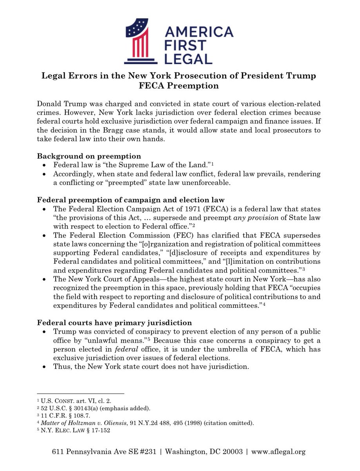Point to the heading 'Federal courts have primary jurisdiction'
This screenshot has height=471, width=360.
pyautogui.click(x=115, y=323)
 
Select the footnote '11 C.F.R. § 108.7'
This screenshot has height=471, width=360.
pyautogui.click(x=63, y=415)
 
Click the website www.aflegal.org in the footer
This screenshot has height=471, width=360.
pyautogui.click(x=278, y=452)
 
